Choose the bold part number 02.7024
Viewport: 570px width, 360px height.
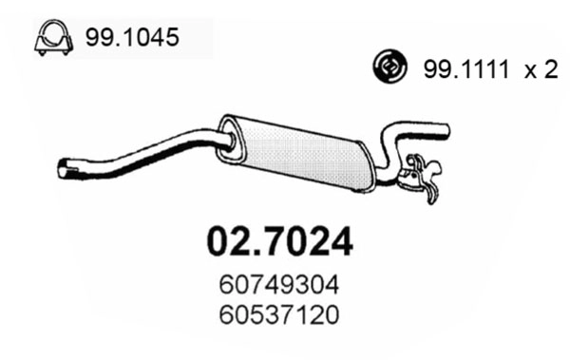pyautogui.click(x=280, y=241)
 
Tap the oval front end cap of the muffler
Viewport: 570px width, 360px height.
pyautogui.click(x=228, y=131)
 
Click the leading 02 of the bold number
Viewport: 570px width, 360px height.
pyautogui.click(x=226, y=241)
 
